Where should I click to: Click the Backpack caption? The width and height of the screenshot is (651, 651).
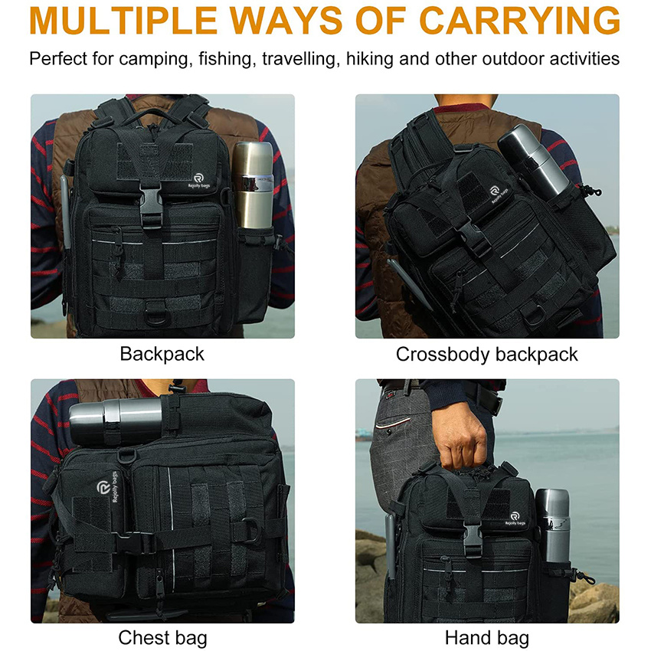point(162,354)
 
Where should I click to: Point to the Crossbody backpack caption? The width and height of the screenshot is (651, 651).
point(487,354)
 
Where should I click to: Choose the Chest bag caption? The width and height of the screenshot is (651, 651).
point(162,637)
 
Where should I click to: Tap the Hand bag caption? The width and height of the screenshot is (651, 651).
point(487,637)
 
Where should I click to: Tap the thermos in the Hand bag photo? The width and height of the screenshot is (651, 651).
point(551,525)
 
